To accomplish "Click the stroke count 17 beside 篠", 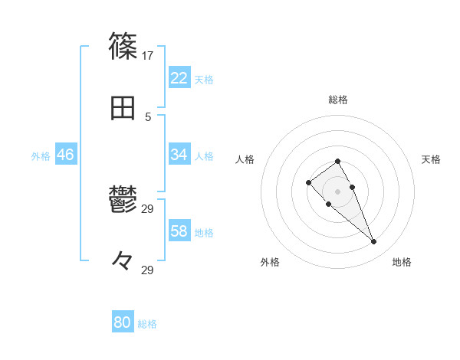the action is click(x=148, y=56).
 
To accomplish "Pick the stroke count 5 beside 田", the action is click(x=148, y=116).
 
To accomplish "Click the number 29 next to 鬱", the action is click(x=148, y=209).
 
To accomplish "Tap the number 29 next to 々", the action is click(x=148, y=270).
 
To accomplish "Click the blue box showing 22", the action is click(x=179, y=78).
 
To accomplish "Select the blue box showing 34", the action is click(x=179, y=155).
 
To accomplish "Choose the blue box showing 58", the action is click(x=179, y=231).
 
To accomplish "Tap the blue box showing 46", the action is click(x=65, y=155).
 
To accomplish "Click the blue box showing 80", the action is click(x=123, y=322).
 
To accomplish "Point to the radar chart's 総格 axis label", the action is click(x=337, y=100).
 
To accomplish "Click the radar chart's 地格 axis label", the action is click(x=402, y=262).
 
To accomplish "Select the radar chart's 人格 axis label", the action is click(x=245, y=159).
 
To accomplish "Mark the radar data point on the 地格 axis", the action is click(x=373, y=242).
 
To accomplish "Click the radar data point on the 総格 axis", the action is click(x=337, y=161).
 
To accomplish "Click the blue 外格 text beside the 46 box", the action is click(x=41, y=155).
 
